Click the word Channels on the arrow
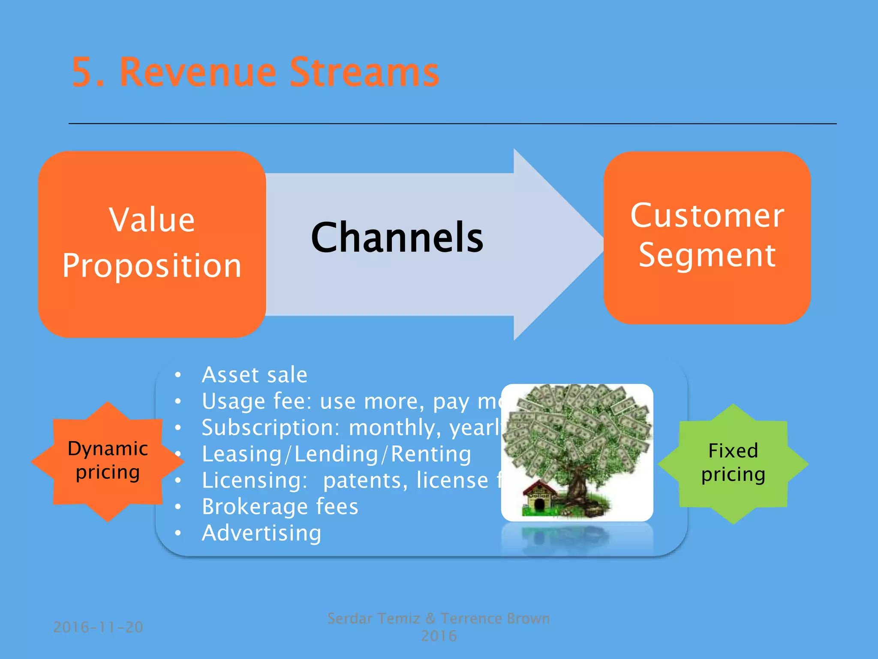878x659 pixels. tap(397, 238)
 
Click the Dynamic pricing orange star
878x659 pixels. tap(108, 462)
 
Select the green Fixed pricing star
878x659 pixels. tap(733, 463)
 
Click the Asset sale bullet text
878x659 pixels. tap(255, 375)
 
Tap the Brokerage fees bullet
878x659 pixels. tap(280, 507)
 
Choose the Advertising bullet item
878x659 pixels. tap(262, 533)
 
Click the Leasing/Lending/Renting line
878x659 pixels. tap(337, 454)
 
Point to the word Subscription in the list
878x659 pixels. tap(270, 428)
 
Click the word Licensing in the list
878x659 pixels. tap(255, 481)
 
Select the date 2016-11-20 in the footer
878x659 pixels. tap(98, 627)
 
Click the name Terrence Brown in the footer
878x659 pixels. tap(495, 619)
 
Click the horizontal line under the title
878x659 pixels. tap(452, 124)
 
